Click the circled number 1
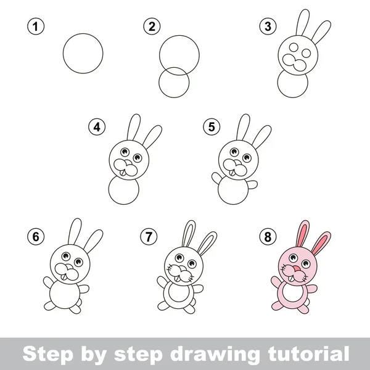pyautogui.click(x=36, y=26)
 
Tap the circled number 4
pyautogui.click(x=97, y=127)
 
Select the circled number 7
pyautogui.click(x=149, y=236)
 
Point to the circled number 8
pyautogui.click(x=268, y=236)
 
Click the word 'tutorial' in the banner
pyautogui.click(x=309, y=354)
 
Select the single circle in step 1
pyautogui.click(x=83, y=53)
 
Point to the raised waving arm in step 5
pyautogui.click(x=216, y=178)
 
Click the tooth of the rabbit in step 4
pyautogui.click(x=123, y=173)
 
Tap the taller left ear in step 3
pyautogui.click(x=303, y=23)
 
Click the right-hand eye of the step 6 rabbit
pyautogui.click(x=78, y=261)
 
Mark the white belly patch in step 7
pyautogui.click(x=178, y=292)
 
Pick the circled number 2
pyautogui.click(x=152, y=26)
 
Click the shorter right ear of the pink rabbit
pyautogui.click(x=321, y=244)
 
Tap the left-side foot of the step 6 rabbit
pyautogui.click(x=49, y=306)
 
